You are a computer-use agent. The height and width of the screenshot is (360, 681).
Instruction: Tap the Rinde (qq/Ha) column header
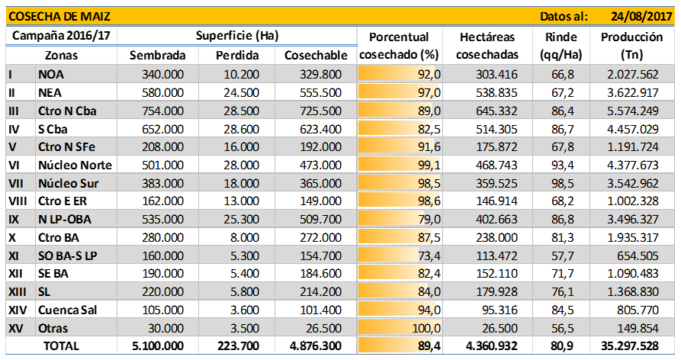pos(561,45)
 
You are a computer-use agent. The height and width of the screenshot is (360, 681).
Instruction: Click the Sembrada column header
pos(157,55)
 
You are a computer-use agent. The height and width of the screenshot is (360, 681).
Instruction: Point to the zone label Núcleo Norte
pos(74,164)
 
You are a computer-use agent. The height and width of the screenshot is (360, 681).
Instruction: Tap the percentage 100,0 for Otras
pos(426,329)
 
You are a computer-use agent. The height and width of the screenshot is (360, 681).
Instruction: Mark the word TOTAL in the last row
pos(61,347)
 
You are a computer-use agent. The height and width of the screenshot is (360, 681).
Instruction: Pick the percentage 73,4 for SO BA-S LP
pos(426,256)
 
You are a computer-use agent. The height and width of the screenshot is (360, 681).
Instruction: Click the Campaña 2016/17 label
pos(59,36)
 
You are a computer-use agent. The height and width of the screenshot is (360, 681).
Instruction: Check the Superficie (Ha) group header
pos(236,36)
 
